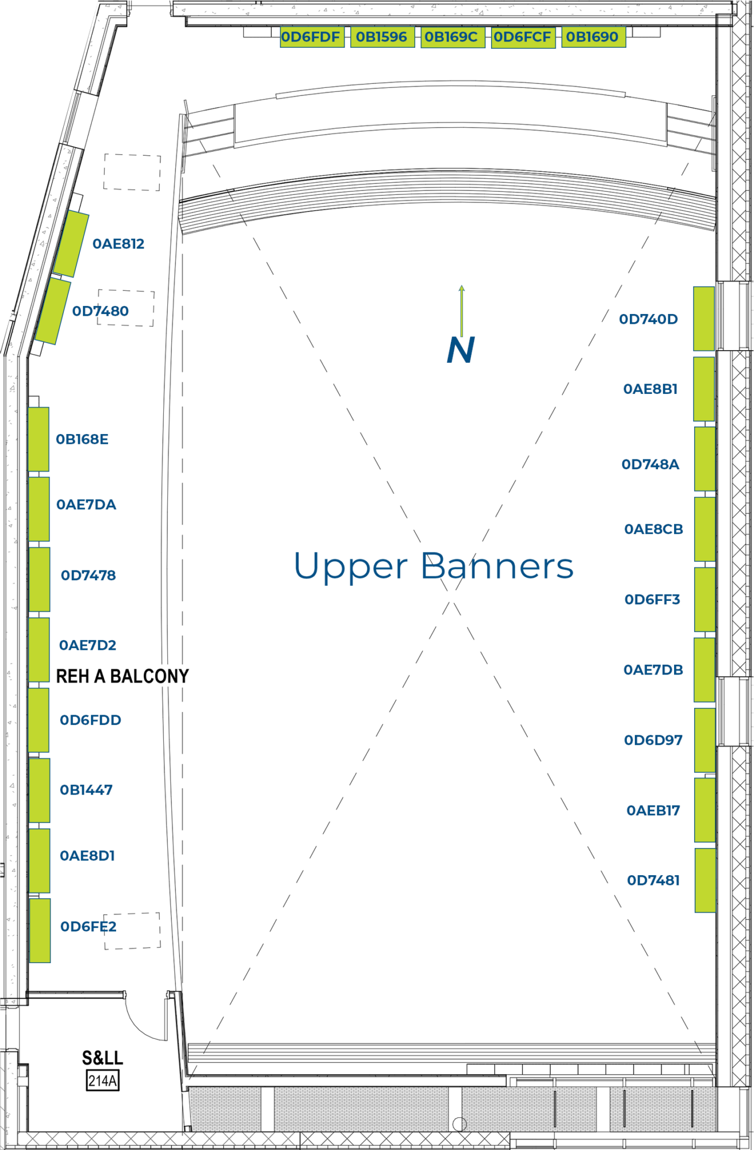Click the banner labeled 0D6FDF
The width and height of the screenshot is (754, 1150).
point(312,37)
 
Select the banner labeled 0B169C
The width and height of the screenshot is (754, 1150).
point(452,37)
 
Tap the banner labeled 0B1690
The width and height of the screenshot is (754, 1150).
point(593,37)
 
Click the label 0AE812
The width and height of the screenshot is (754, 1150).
point(118,244)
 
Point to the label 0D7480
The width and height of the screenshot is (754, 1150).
point(100,311)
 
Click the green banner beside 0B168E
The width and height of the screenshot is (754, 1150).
point(39,439)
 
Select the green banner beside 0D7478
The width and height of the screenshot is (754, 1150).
point(39,579)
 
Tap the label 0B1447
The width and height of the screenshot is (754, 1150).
point(86,790)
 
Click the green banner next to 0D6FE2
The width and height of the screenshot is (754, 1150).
point(40,930)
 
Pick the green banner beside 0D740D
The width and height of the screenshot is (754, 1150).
point(704,319)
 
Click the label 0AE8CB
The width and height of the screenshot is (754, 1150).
point(653,529)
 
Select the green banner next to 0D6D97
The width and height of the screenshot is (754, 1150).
point(705,740)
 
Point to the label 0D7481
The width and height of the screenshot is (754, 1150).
point(653,880)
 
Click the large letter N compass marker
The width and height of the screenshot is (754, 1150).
point(461,350)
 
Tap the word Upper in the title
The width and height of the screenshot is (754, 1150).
point(351,566)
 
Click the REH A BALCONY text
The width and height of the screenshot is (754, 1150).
point(123,676)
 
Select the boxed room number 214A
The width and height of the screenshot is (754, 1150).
point(102,1081)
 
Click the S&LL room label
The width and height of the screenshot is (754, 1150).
point(102,1058)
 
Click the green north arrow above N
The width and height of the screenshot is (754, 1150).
point(461,310)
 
